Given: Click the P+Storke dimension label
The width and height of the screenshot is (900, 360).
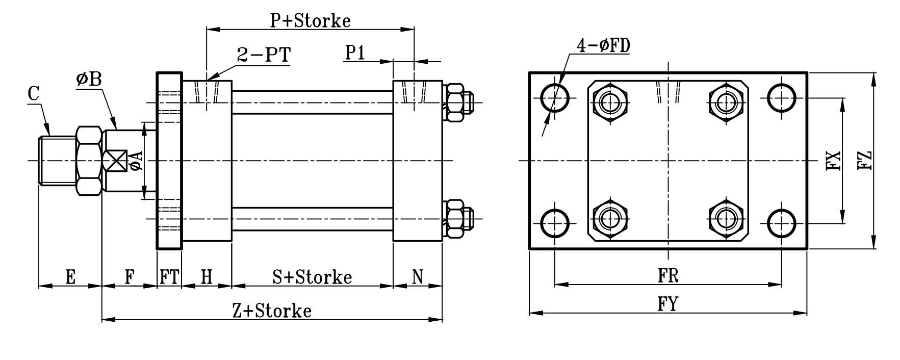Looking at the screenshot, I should tap(310, 20).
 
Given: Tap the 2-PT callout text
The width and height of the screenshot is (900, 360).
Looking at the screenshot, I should tap(264, 55).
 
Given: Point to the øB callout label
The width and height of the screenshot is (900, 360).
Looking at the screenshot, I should tap(89, 80).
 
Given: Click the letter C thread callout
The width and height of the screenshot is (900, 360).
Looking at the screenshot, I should tap(34, 94).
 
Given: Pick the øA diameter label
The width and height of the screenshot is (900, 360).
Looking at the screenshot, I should tap(137, 161).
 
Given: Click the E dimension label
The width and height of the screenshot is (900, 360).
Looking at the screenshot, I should tap(70, 277).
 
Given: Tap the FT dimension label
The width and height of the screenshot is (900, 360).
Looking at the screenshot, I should tap(169, 277).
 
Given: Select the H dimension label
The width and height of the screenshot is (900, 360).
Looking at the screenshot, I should tap(206, 277).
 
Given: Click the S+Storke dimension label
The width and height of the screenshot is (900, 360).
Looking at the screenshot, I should tap(312, 277).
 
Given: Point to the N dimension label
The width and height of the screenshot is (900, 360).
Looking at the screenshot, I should tap(417, 277).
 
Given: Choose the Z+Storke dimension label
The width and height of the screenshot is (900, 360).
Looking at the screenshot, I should tap(271, 311).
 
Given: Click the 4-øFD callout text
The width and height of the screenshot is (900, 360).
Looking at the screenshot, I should tap(603, 46).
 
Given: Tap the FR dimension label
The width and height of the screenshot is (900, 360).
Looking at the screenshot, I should tap(667, 276).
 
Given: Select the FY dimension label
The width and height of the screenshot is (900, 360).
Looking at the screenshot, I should tap(667, 304).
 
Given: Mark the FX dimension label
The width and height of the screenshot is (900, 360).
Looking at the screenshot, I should tap(833, 161).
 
